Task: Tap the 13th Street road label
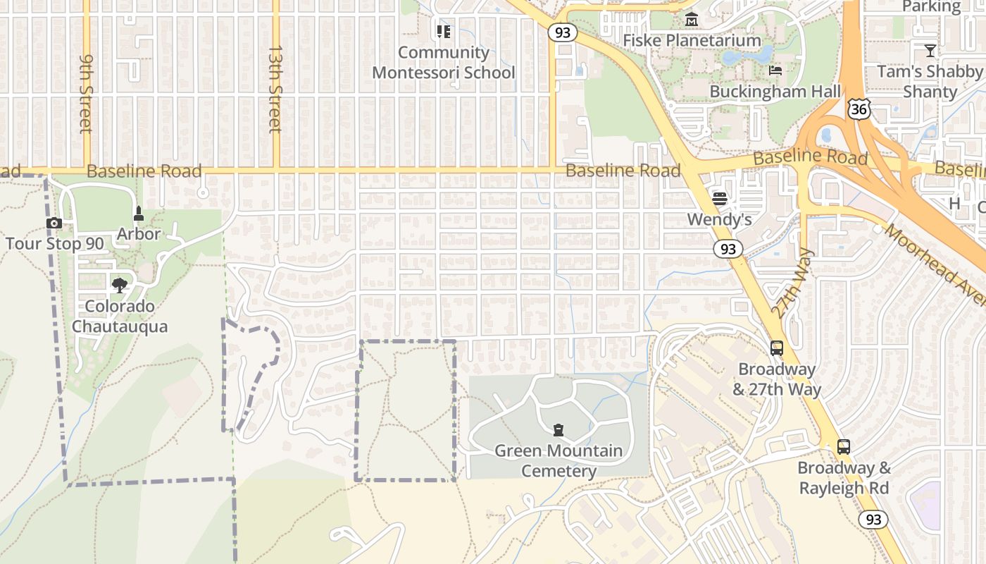point(275,90)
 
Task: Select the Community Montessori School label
point(444,63)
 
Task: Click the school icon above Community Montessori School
point(443,32)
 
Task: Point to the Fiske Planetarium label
point(692,40)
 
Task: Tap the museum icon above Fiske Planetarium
point(692,19)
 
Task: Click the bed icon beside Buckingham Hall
point(775,70)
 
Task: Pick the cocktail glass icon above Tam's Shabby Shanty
point(930,50)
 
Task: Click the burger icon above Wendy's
point(719,198)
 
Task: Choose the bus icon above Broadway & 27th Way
point(776,348)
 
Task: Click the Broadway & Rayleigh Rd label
point(844,478)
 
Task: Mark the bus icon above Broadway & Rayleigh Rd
point(843,446)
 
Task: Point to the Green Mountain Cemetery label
point(558,460)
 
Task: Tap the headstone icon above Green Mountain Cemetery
point(558,429)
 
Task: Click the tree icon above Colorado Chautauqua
point(120,285)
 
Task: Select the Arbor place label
point(139,233)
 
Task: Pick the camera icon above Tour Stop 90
point(54,223)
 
